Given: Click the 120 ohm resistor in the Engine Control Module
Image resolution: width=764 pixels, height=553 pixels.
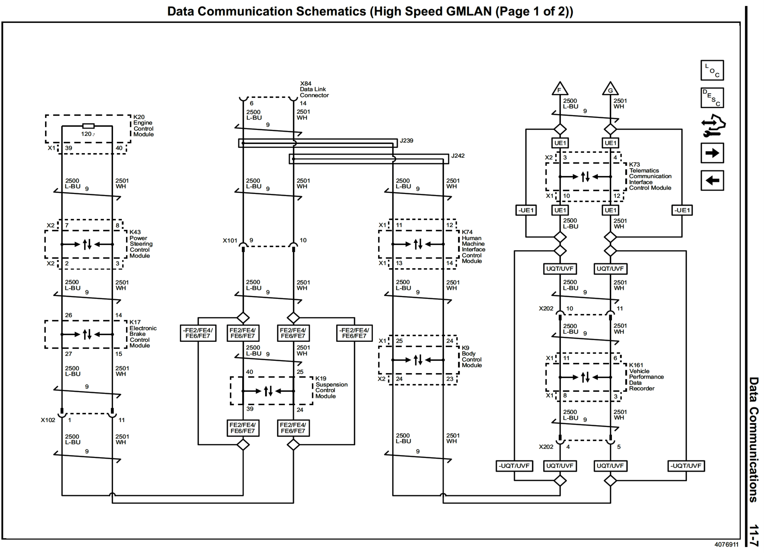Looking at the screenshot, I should (x=88, y=126).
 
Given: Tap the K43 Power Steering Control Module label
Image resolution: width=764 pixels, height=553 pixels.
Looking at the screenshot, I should (x=141, y=244).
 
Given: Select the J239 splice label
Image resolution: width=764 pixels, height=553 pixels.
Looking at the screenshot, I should (x=406, y=141).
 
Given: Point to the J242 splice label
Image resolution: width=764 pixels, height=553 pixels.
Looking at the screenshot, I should (x=458, y=156).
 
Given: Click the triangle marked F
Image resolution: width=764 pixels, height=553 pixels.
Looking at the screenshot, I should (x=560, y=89).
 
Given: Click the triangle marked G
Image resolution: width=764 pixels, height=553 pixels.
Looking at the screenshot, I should (x=610, y=89).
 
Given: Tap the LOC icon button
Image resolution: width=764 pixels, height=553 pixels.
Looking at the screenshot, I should (x=712, y=70).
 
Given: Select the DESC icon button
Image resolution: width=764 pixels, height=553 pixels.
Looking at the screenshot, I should (x=712, y=98).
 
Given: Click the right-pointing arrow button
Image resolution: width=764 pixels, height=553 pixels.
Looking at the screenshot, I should (x=712, y=153).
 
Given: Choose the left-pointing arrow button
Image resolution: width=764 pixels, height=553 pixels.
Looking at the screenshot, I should (x=712, y=180).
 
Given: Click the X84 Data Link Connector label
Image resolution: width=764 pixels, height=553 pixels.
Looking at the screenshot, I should (x=314, y=89).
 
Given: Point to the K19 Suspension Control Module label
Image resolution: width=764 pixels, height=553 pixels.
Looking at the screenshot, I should (x=331, y=387).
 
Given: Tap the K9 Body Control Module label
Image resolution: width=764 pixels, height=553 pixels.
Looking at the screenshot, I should (x=471, y=356).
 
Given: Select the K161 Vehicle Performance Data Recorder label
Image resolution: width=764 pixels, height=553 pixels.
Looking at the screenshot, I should (x=646, y=377).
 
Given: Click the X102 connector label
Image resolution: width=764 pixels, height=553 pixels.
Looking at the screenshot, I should (x=48, y=420).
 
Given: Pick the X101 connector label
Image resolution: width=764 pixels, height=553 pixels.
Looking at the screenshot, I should (x=230, y=241).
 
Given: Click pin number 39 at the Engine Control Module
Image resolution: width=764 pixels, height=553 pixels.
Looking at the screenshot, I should (x=68, y=148).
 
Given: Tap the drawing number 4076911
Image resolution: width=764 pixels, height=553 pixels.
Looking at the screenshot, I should (x=726, y=545).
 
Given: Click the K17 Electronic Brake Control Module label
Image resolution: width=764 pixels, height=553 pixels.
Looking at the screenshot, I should (x=142, y=334).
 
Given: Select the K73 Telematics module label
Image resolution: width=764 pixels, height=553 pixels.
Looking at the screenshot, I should (x=650, y=176).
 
